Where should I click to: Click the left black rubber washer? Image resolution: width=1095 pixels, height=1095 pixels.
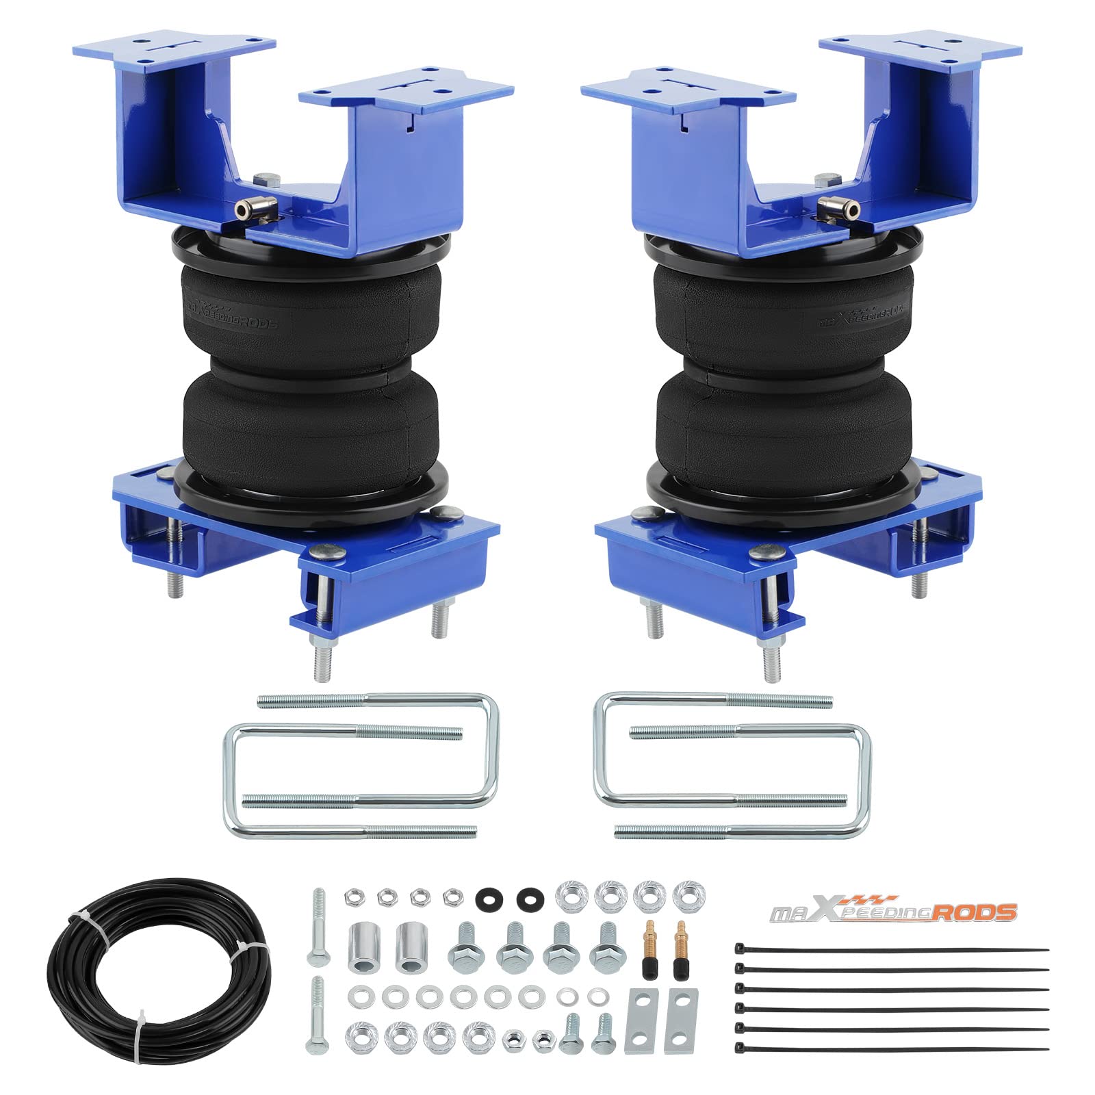click(x=487, y=896)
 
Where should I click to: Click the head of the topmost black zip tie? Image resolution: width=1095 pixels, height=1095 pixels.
click(x=739, y=949)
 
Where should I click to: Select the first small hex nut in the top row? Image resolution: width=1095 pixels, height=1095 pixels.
click(x=353, y=896)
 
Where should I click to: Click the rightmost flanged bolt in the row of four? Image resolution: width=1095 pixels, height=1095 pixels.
click(x=606, y=946)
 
